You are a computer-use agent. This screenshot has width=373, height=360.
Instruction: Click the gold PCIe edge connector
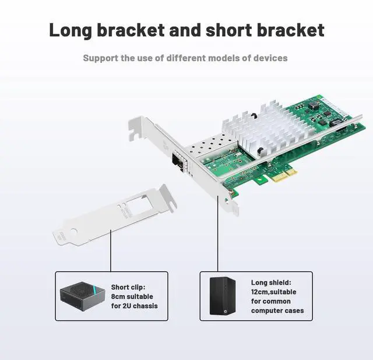(280, 174)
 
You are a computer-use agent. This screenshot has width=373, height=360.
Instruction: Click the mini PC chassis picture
(82, 295)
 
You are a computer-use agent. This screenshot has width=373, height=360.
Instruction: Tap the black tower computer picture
(223, 295)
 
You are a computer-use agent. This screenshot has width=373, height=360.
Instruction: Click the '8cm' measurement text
(119, 297)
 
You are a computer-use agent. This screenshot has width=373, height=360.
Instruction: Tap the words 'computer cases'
(277, 310)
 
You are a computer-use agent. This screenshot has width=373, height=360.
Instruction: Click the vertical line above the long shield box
(218, 233)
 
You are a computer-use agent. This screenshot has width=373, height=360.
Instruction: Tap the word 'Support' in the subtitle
(102, 58)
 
